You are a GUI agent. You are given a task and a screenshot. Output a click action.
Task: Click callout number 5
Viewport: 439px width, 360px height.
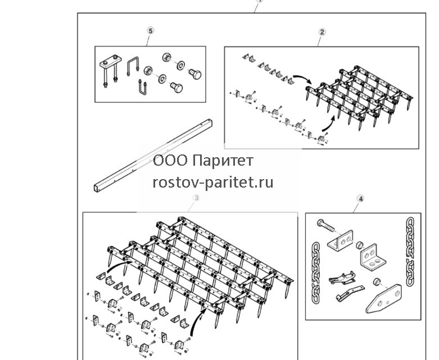pos(150,31)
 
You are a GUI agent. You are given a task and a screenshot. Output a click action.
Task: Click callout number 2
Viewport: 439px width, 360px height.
pos(322,32)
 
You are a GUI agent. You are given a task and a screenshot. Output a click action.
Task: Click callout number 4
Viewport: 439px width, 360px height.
pos(361,199)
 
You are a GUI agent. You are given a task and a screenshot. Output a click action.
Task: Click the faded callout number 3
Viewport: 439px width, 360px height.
pos(197,198)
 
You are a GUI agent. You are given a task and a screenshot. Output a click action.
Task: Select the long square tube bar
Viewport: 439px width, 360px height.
pos(153,156)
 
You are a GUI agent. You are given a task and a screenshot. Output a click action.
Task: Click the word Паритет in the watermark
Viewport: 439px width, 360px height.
pos(223,161)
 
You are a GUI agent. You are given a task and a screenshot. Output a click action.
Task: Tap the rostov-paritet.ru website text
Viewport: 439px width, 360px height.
pos(213,183)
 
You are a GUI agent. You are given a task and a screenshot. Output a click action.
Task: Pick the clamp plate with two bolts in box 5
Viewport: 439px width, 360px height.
pos(110,70)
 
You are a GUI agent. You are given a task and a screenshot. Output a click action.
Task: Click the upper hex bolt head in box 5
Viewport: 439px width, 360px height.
pos(195,74)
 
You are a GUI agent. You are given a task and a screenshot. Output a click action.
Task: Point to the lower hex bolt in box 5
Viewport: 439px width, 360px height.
pos(176,88)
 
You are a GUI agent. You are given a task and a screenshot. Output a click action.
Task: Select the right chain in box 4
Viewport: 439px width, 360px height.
pos(410,252)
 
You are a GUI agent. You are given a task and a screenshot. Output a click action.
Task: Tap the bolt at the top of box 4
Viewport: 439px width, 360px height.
pos(325,225)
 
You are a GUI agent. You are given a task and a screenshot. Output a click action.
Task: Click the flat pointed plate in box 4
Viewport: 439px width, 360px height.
pos(383,299)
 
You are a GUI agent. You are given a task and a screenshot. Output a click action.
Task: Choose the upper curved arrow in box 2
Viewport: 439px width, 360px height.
pos(303,78)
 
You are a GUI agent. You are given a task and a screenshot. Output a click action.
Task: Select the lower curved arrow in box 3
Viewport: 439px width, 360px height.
pos(196,320)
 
